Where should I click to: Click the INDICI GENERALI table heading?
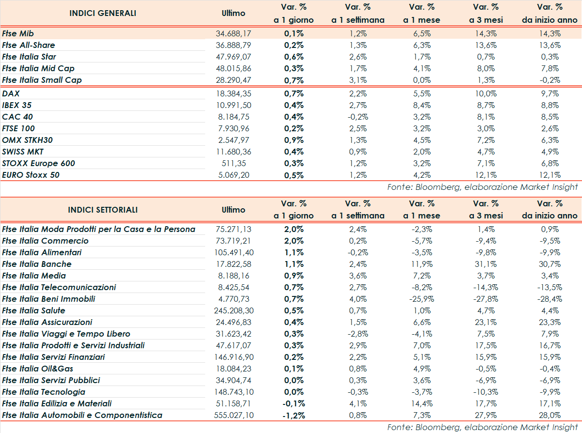click(x=103, y=13)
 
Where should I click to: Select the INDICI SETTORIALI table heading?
click(x=103, y=210)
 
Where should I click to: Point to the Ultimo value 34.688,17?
click(x=233, y=33)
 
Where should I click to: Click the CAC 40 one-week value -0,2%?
click(x=358, y=117)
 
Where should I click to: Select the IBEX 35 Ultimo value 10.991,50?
click(x=233, y=105)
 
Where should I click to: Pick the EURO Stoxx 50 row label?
click(x=31, y=175)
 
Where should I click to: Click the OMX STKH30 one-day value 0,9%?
click(x=294, y=140)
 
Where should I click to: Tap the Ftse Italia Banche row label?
click(x=37, y=264)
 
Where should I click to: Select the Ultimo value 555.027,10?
click(x=233, y=415)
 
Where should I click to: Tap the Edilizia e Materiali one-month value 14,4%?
click(x=421, y=403)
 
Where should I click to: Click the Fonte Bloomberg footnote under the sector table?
click(x=483, y=427)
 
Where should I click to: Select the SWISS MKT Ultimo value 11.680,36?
click(x=233, y=152)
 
